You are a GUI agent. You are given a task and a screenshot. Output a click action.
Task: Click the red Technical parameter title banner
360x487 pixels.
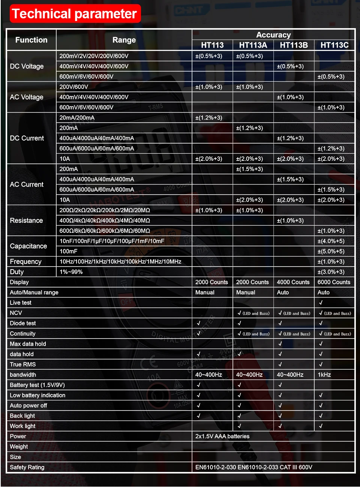75,14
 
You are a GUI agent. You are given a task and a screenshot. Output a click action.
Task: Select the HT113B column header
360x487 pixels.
294,45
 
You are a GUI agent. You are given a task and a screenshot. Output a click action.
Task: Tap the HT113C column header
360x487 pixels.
334,45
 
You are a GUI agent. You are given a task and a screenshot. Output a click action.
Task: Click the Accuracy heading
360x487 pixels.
273,35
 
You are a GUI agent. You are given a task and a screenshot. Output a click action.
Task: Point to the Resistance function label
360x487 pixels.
26,220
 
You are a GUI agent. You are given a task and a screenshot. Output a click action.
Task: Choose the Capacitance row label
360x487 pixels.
28,246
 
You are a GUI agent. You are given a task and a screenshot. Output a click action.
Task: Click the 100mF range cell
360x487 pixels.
69,251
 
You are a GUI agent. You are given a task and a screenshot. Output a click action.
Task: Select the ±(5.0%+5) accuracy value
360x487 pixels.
331,251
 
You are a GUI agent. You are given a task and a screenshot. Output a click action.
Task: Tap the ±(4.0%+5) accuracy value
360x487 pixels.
331,241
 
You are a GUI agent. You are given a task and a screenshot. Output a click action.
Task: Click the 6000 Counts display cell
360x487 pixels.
334,282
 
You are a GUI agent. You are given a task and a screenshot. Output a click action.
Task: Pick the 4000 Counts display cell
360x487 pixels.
293,282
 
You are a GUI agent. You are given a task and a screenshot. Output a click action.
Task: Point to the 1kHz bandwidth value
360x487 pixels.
324,375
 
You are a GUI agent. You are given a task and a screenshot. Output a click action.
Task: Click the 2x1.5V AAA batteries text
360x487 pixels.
222,436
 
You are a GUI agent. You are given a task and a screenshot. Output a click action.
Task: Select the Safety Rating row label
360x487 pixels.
27,467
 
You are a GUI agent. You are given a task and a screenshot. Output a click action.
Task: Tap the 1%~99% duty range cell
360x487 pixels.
71,272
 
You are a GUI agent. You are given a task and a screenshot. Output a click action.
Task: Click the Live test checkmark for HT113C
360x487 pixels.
321,303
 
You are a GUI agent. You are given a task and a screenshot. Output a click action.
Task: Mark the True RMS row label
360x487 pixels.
23,364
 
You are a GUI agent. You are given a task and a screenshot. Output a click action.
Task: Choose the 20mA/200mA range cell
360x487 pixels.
77,118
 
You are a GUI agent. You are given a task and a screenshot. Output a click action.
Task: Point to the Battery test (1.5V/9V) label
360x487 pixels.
37,385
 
